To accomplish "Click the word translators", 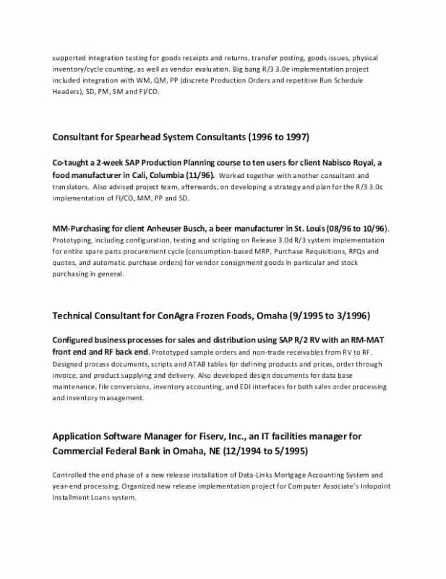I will [72, 187].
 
